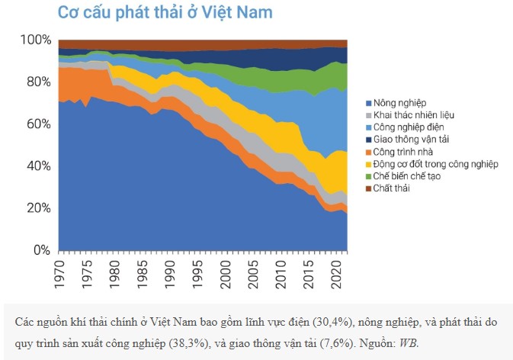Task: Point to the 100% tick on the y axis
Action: point(35,40)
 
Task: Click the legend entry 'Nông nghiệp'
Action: point(400,103)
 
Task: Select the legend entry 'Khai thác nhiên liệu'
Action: point(414,115)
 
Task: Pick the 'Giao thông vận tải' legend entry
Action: point(411,140)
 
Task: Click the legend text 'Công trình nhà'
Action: point(405,152)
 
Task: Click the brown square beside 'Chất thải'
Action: point(367,188)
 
